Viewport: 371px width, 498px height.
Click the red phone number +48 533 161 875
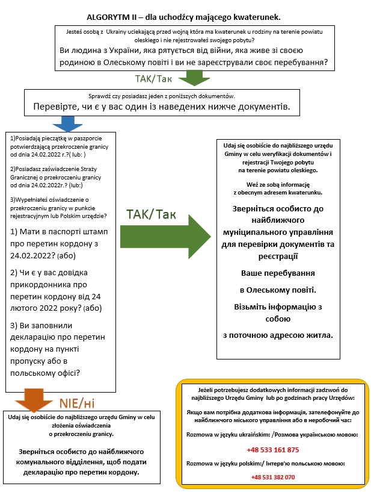[x=273, y=450]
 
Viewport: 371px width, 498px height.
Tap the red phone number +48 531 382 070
[x=273, y=477]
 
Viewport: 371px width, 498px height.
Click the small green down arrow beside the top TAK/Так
[x=194, y=78]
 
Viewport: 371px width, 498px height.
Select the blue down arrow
[x=67, y=124]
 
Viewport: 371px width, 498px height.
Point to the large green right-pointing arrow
[x=165, y=237]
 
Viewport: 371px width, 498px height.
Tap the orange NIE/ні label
[x=77, y=403]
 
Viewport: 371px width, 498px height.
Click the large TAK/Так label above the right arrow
[x=151, y=214]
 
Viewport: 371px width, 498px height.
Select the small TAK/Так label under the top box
[x=153, y=79]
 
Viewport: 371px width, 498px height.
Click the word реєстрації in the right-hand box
[x=278, y=257]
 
